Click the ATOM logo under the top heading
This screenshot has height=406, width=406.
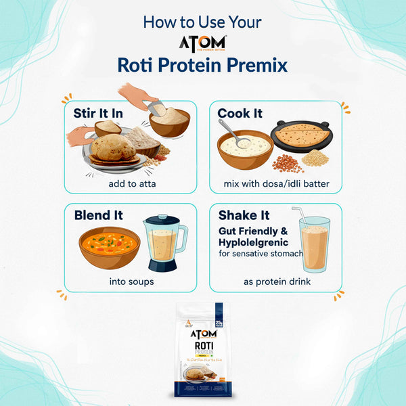pos(202,43)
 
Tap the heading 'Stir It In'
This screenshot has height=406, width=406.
pos(99,113)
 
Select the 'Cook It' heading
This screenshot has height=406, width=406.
pos(240,113)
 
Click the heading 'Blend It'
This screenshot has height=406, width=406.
pos(98,215)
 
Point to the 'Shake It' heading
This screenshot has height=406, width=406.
pos(244,215)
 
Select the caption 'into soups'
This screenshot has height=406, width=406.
pos(131,281)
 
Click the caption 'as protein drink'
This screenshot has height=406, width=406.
pos(277,281)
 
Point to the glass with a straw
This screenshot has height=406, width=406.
pos(315,245)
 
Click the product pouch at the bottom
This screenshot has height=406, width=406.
pos(203,348)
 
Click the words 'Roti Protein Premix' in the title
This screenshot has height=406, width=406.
pos(202,66)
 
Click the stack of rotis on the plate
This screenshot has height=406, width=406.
pos(112,149)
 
